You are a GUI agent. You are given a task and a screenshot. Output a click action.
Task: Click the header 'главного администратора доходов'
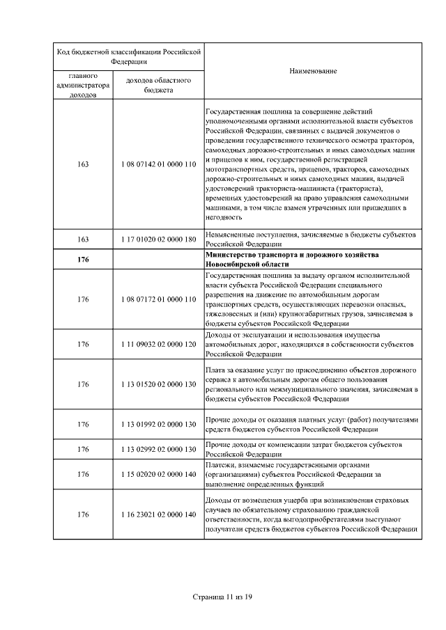[x=84, y=85]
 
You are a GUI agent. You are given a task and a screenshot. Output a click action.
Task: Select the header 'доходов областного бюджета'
[x=159, y=85]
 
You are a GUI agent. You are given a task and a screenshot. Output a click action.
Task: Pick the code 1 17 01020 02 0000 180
[x=159, y=239]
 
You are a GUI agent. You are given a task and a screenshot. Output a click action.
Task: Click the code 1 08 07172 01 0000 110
[x=159, y=299]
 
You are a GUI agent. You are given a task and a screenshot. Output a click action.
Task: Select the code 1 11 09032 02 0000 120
[x=159, y=344]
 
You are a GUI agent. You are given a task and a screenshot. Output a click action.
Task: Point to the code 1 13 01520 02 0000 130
[x=159, y=384]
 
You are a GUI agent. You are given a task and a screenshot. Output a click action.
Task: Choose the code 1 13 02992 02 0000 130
[x=159, y=450]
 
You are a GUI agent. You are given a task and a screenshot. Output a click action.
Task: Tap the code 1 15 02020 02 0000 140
[x=159, y=475]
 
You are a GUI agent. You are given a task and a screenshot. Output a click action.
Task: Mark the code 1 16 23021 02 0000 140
[x=159, y=514]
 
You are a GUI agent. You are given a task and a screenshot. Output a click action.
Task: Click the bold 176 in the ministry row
[x=84, y=260]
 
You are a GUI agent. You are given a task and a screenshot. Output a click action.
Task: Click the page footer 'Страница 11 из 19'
[x=222, y=597]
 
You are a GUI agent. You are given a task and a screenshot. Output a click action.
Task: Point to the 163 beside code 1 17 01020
[x=84, y=239]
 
